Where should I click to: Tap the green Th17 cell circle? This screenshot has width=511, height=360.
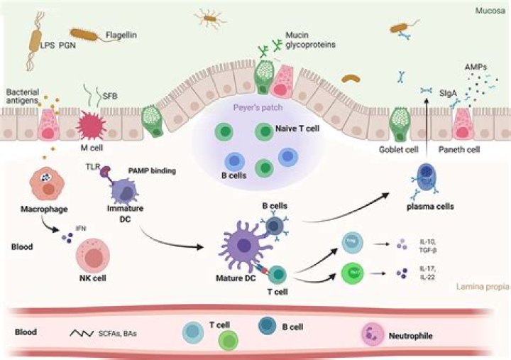click(353, 272)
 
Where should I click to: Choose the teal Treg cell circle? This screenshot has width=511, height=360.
click(353, 242)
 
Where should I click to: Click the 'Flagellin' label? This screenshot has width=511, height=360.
click(122, 33)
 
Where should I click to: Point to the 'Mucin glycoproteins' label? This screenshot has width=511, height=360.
click(309, 39)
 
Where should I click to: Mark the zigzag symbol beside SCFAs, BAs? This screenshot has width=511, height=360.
click(84, 332)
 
